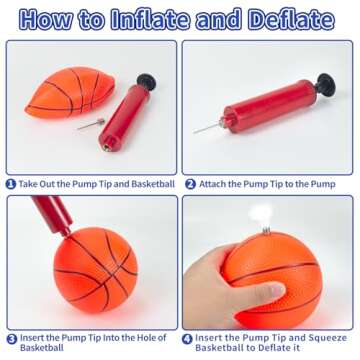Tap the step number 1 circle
pos(11,184)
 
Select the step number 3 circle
pos(11,338)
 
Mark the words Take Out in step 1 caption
pos(39,184)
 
